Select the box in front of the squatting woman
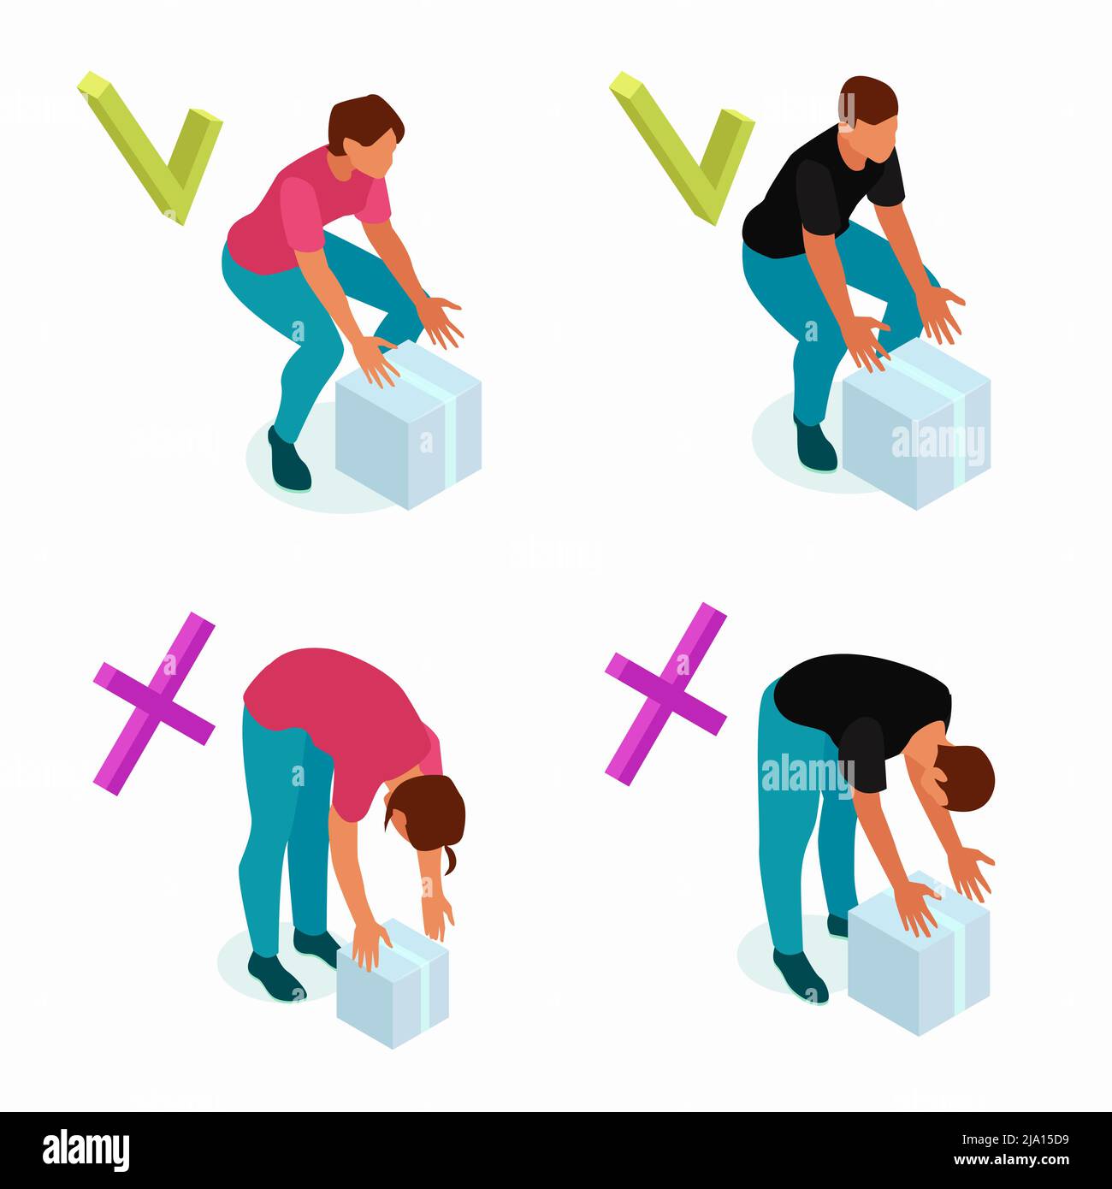pos(408,432)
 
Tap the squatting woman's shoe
pos(289,462)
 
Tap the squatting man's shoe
pos(814,445)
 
